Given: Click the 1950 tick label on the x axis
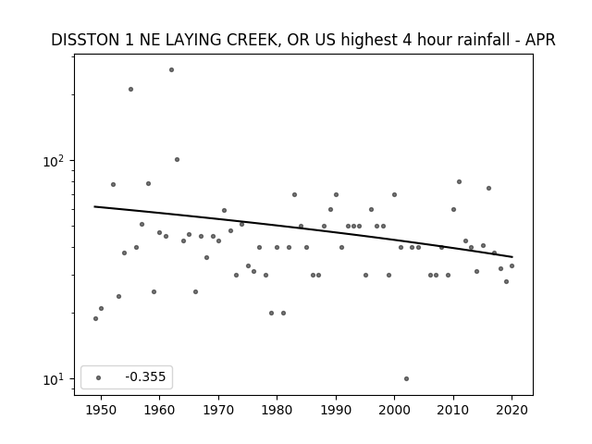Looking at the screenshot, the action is (x=101, y=410).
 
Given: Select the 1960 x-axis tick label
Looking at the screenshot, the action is (x=159, y=410).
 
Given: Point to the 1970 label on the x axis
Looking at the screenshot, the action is (x=218, y=410).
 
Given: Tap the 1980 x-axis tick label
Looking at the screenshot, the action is (x=277, y=410).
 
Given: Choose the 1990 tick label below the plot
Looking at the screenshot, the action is (x=336, y=410).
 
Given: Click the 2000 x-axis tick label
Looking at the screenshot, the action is (x=394, y=410).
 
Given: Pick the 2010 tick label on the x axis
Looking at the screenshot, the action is (x=453, y=410).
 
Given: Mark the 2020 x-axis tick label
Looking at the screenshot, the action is (x=512, y=410).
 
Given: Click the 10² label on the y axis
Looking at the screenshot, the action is (x=54, y=161).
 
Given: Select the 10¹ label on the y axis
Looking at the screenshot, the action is (x=54, y=379).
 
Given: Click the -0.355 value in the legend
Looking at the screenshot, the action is (x=145, y=376).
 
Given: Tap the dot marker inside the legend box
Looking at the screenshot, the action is (x=99, y=377).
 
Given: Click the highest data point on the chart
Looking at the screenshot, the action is (x=171, y=70).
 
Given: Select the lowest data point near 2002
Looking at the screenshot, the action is (x=406, y=378).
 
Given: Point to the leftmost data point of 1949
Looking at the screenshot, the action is (x=95, y=318).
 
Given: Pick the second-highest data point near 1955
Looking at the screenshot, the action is (x=130, y=89).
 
